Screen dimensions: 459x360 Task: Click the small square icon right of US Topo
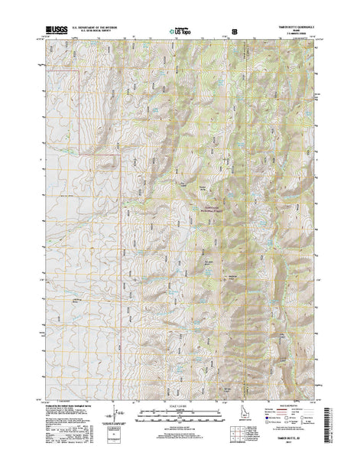tap(234, 31)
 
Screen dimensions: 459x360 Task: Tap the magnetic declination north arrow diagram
tap(116, 418)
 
